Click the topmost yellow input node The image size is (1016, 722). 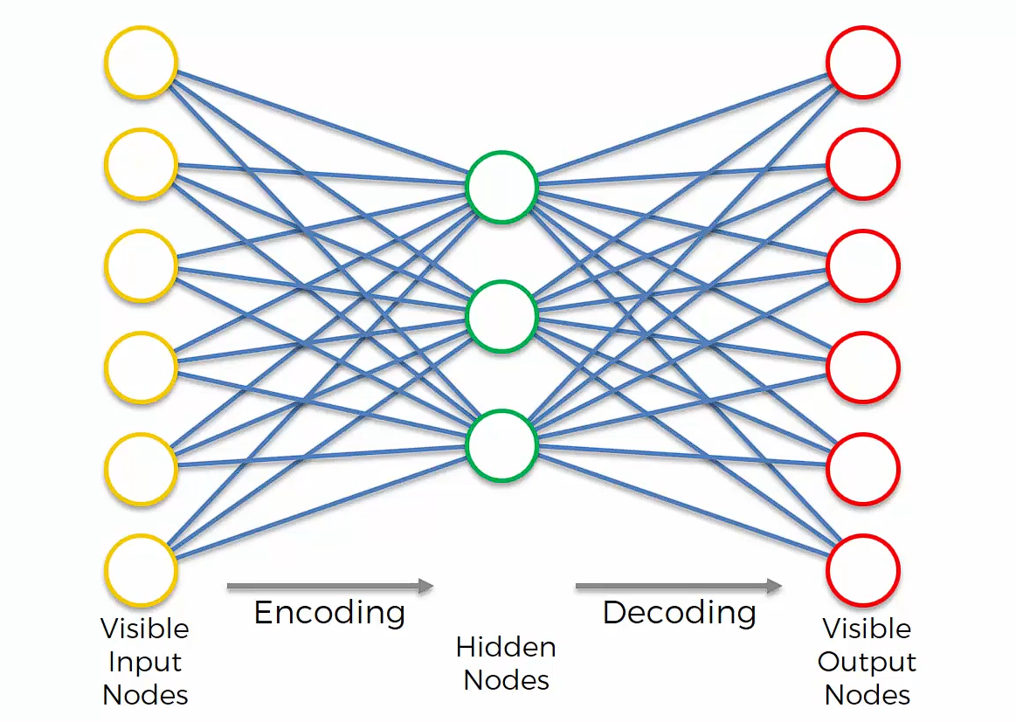coord(141,63)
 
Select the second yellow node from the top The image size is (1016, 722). coord(141,164)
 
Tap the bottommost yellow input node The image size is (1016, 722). coord(141,570)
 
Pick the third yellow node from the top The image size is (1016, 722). coord(141,265)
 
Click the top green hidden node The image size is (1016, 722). coord(501,187)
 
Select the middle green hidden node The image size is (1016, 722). coord(501,315)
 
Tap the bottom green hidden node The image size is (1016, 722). coord(501,444)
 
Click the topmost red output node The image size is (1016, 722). coord(863,63)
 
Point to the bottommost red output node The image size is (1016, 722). coord(863,570)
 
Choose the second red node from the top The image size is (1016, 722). coord(863,164)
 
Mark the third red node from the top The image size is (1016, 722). coord(863,265)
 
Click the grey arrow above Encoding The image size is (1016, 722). coord(330,586)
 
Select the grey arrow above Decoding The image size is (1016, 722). coord(678,586)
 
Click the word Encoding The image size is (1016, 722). coord(329,613)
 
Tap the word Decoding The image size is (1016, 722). coord(679,613)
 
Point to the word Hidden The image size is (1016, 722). coord(506,647)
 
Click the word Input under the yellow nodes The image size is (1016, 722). coord(144,662)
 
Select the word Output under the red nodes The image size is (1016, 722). coord(867,662)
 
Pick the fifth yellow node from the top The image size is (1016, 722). coord(141,469)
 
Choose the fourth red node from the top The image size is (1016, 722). coord(863,368)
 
